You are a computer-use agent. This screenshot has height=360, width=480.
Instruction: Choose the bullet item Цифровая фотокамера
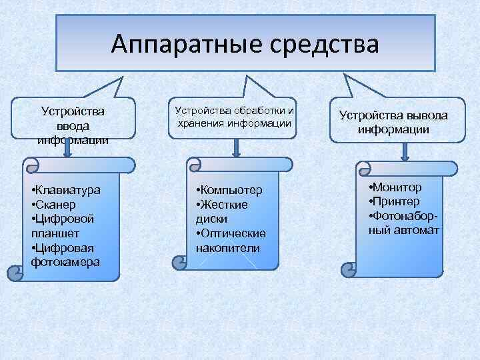(65, 255)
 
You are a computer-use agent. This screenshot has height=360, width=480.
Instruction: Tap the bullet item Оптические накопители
(231, 240)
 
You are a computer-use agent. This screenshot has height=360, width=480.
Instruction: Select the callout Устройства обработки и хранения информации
(233, 117)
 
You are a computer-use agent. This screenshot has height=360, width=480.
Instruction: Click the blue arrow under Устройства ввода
(67, 149)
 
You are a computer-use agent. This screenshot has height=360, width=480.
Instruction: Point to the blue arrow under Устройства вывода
(404, 151)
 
